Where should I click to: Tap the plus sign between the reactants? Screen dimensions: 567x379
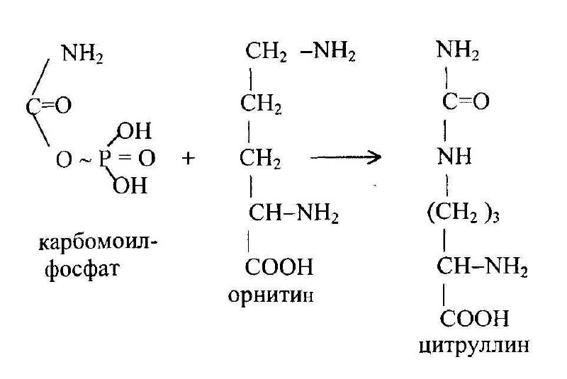[189, 159]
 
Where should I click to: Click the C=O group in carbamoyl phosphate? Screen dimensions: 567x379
[49, 106]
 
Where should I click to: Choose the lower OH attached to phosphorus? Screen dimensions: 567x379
[132, 186]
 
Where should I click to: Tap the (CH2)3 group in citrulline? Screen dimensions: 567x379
[466, 213]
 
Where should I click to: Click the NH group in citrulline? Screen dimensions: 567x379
[456, 157]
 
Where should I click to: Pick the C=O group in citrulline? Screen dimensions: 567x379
[466, 103]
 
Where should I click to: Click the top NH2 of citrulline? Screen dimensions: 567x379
[458, 51]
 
